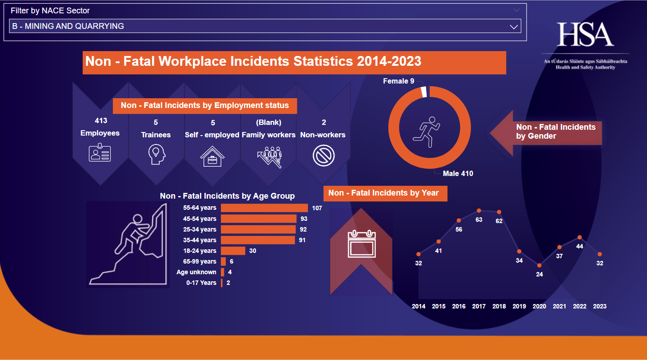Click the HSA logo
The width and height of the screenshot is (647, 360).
point(585,35)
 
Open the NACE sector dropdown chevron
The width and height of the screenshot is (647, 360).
point(514,27)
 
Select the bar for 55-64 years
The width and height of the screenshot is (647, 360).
point(264,208)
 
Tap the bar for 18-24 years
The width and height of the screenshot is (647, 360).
point(233,251)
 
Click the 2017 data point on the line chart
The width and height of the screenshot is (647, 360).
point(479,211)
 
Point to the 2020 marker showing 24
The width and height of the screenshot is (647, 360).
point(539,265)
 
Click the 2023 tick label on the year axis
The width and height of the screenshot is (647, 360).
point(599,306)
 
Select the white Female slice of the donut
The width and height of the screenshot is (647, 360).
point(424,91)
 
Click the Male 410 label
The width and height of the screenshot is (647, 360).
point(458,173)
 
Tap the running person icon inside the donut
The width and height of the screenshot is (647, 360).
point(427,132)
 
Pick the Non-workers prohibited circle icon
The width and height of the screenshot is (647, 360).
point(323,156)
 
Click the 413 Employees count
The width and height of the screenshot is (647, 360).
point(101,120)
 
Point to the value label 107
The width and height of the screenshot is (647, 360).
point(317,208)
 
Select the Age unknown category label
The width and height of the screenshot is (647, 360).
point(196,272)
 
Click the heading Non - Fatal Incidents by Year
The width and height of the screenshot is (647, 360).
point(383,193)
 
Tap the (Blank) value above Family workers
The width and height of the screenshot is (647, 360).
point(268,122)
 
